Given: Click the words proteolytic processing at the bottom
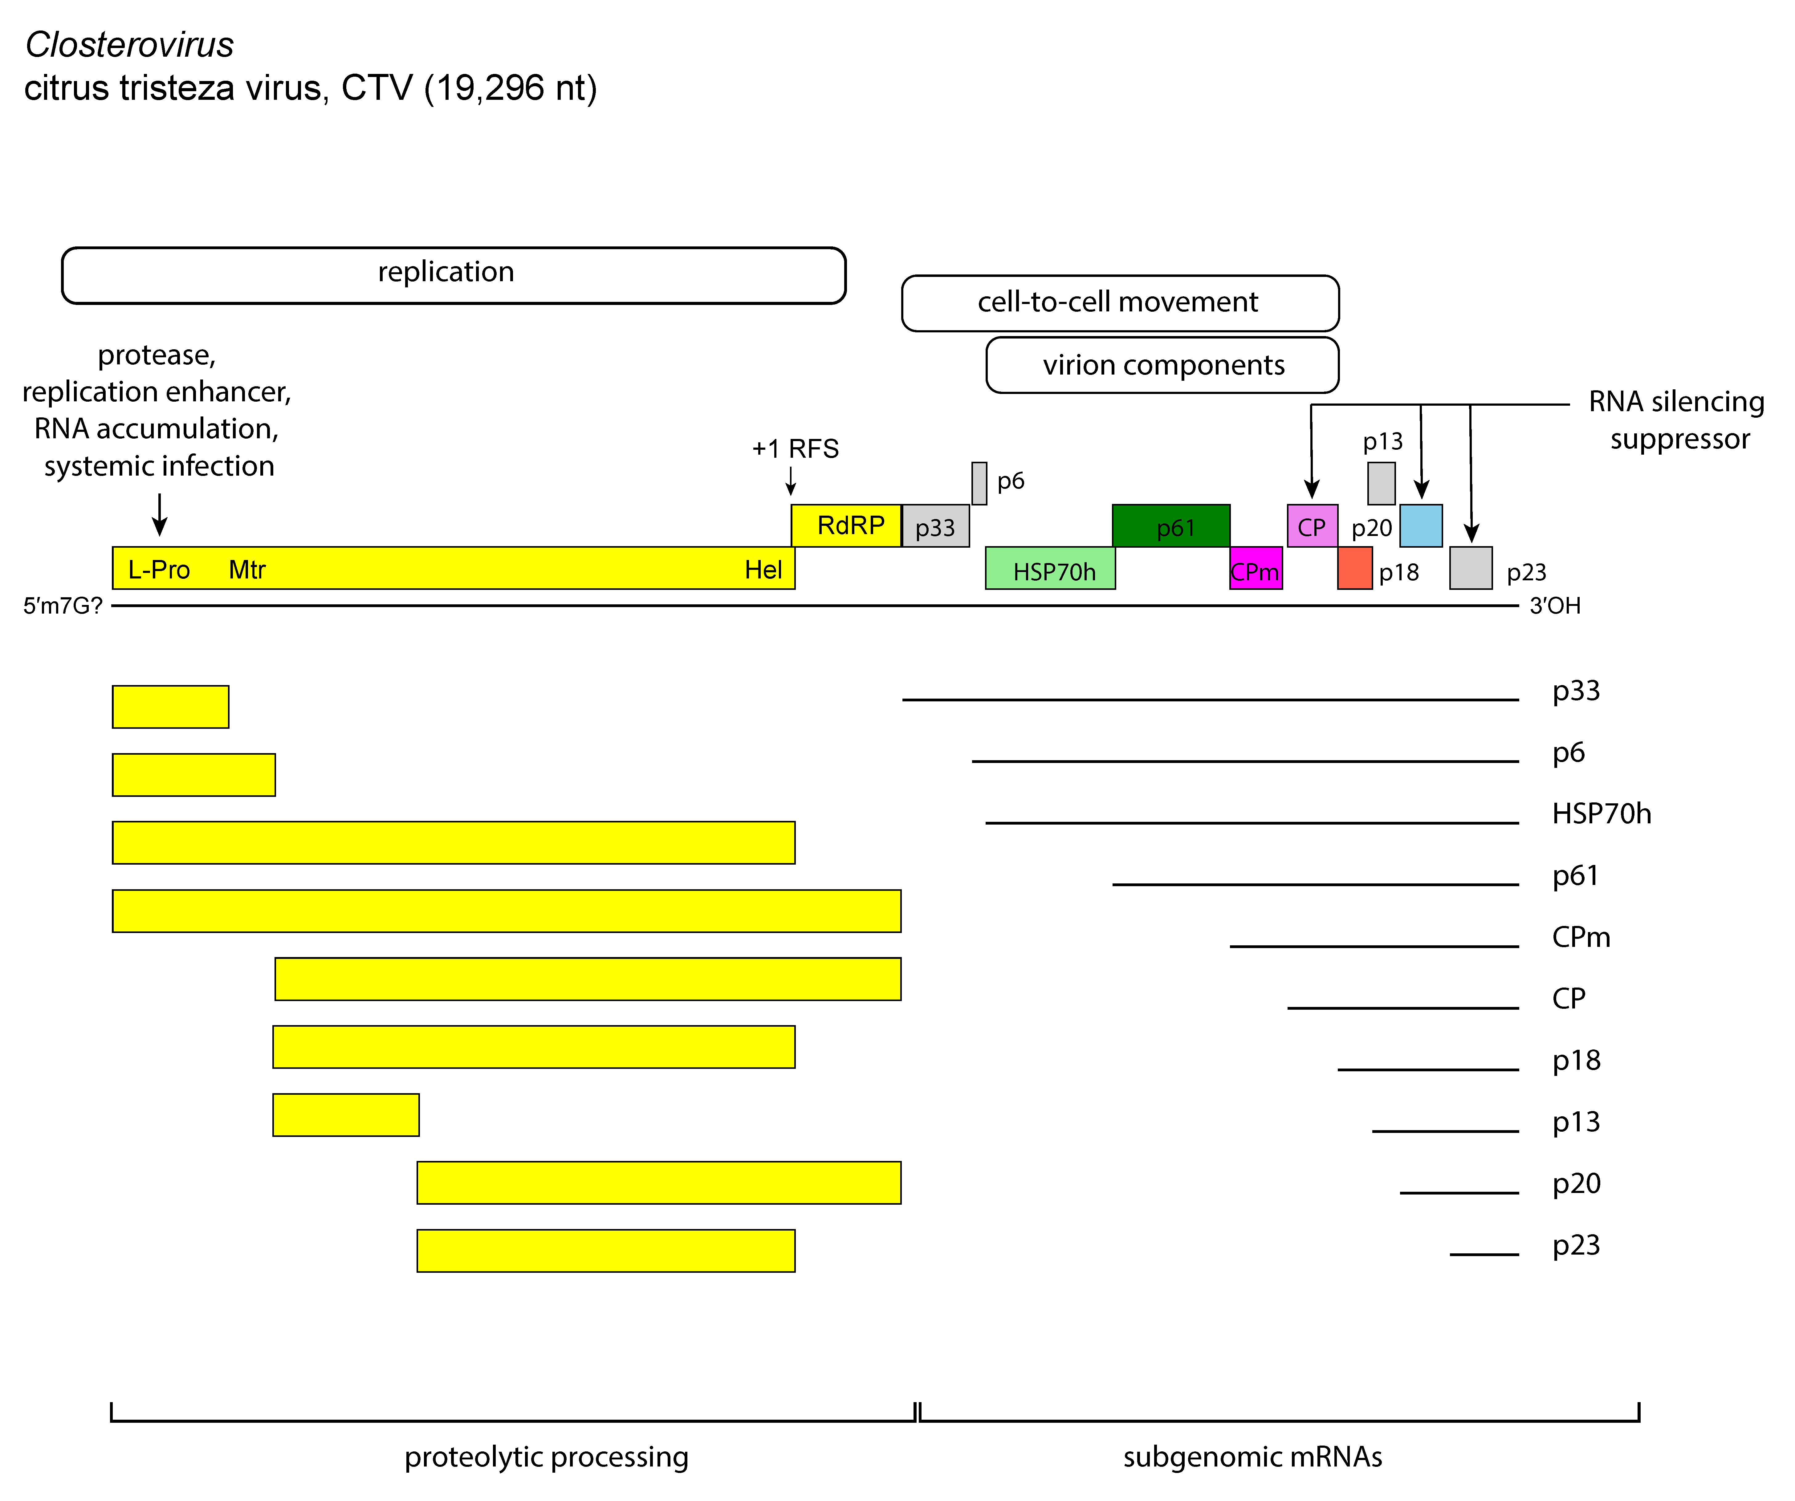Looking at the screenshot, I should (x=546, y=1457).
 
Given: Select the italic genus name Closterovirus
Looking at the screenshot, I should (x=129, y=45).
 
